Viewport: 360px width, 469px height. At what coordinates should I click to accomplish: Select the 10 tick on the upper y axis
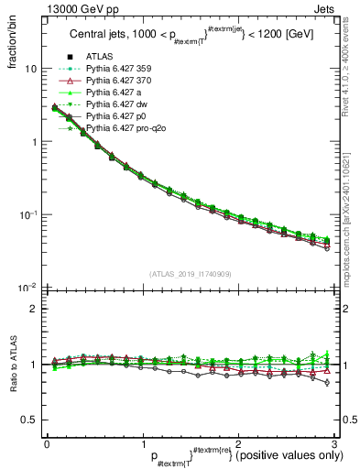30,69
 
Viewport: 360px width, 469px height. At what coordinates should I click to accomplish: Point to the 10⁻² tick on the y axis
27,288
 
